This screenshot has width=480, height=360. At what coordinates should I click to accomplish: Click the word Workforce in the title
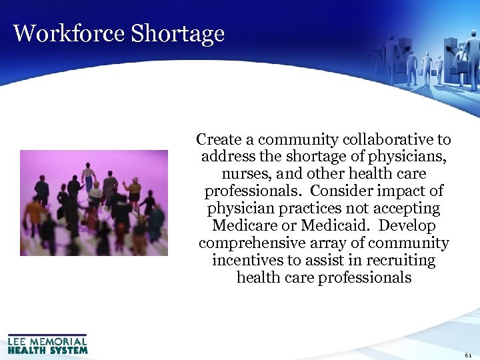[69, 33]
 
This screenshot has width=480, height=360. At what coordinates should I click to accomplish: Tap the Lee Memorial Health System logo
[47, 343]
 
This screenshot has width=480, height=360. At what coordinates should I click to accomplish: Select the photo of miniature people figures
[93, 203]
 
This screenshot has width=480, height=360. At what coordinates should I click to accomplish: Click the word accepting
[403, 209]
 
